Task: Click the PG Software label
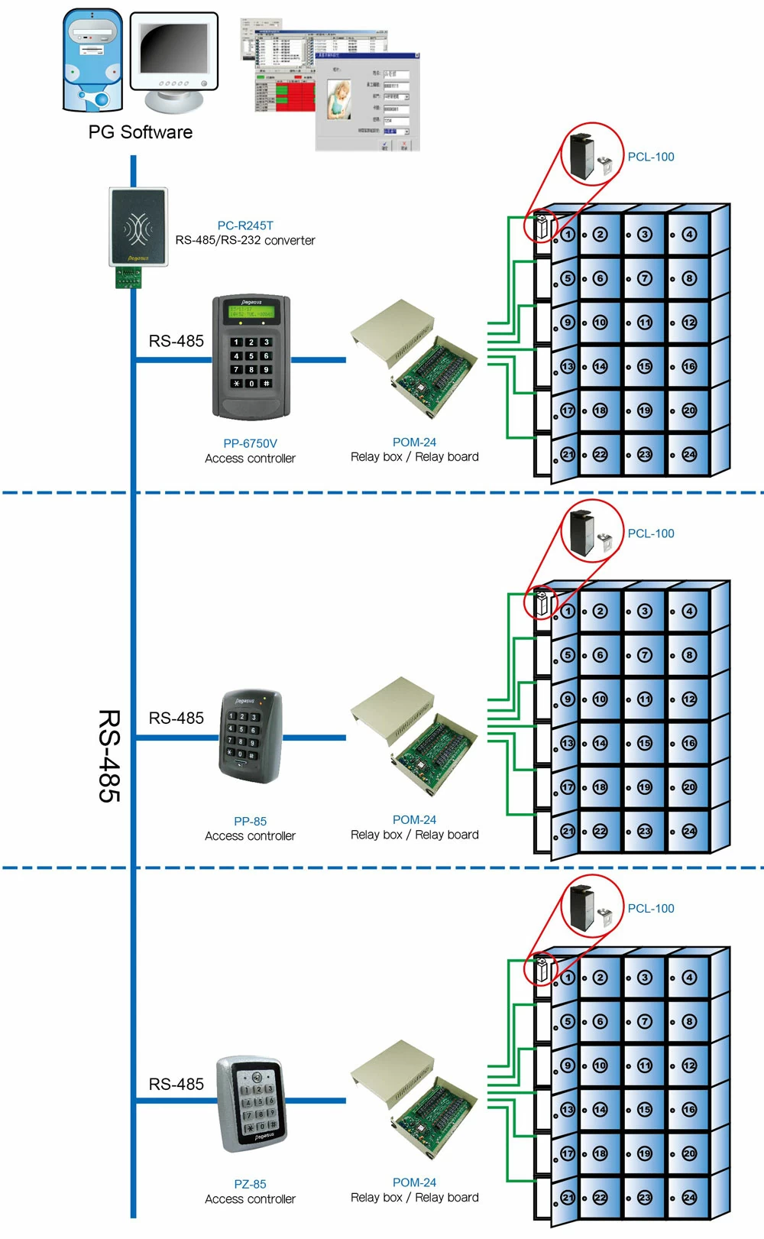(140, 132)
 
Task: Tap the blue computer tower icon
(92, 60)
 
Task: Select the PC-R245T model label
(245, 225)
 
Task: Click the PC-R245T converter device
(138, 229)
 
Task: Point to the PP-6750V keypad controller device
(251, 356)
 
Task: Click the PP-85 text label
(250, 821)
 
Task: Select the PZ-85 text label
(250, 1184)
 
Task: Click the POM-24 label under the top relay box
(414, 443)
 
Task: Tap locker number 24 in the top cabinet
(689, 454)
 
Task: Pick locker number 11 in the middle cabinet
(645, 699)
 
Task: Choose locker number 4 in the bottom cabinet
(689, 977)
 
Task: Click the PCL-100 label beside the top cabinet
(651, 157)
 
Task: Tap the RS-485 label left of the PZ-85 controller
(176, 1084)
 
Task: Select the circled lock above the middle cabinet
(593, 532)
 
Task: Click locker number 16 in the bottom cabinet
(689, 1109)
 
